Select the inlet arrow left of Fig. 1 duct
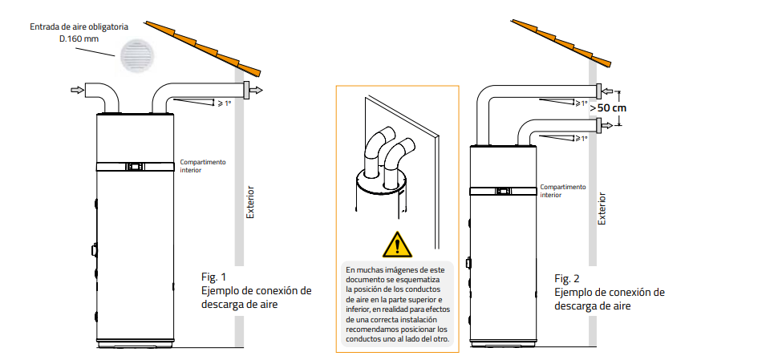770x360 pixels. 76,90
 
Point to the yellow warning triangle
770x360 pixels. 395,243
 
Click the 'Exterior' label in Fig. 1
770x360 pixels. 250,204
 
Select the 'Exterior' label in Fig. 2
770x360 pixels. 602,206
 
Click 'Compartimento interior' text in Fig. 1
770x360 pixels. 202,165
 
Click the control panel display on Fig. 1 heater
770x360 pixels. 135,167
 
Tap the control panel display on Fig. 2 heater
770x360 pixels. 503,191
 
